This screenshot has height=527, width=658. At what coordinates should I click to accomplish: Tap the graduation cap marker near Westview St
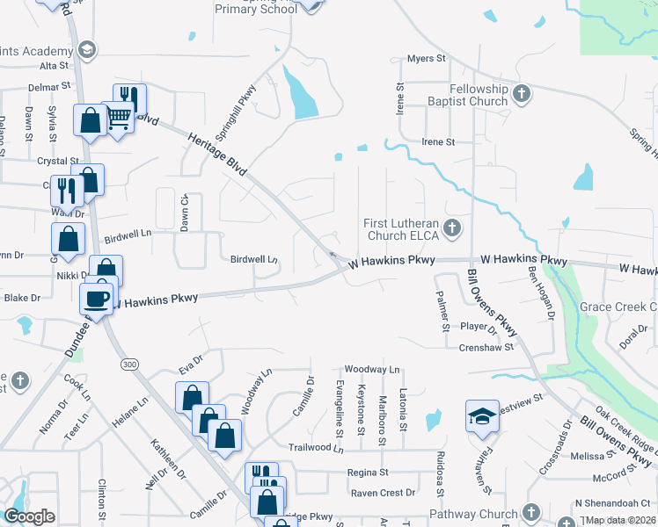481,416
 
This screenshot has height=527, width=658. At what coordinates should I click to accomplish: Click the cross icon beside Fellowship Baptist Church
522,92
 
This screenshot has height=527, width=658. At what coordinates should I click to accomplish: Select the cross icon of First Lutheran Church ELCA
451,229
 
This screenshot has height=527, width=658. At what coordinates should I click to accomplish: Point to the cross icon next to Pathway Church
530,512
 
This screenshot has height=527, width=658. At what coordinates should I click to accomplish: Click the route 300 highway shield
130,363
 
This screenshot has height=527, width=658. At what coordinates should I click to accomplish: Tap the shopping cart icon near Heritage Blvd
119,117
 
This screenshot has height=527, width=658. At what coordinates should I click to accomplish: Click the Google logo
29,516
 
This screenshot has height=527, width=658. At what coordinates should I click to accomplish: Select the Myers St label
427,59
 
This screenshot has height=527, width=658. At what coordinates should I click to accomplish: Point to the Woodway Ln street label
372,369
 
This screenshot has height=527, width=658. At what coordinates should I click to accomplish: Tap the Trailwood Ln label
314,447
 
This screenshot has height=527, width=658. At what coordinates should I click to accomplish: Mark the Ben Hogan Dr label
541,293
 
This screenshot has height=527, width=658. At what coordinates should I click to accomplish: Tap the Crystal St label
58,161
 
